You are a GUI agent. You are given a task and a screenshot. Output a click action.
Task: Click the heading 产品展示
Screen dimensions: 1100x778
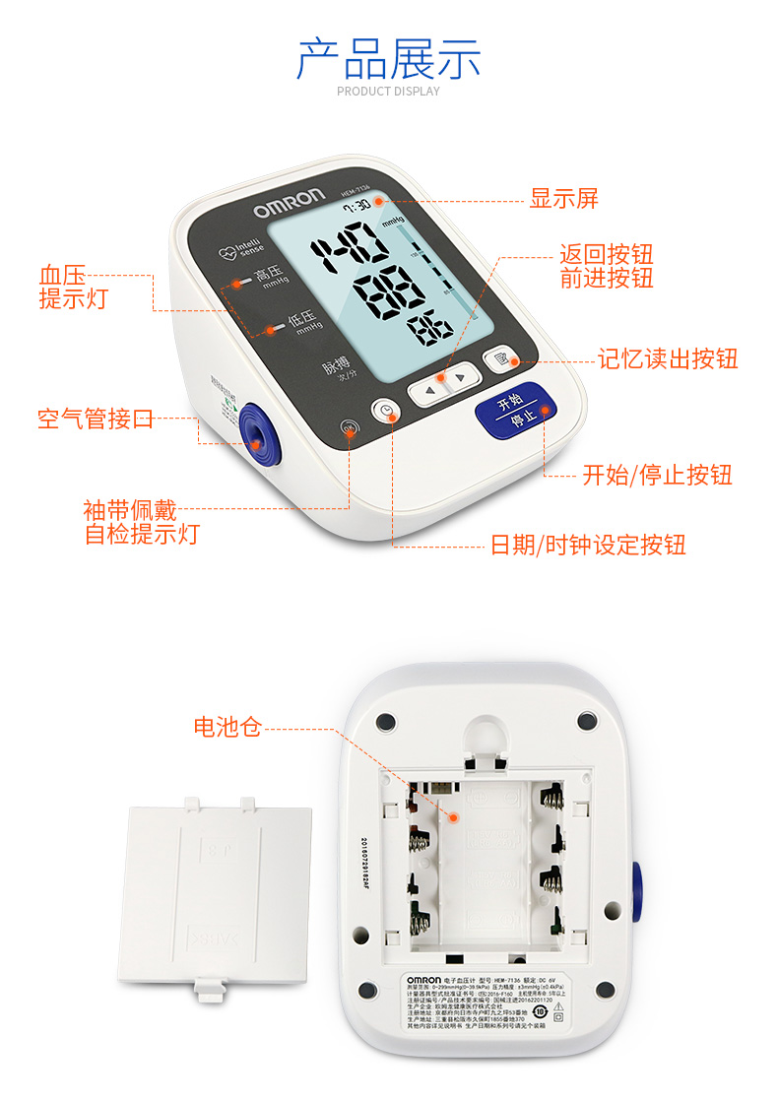[388, 59]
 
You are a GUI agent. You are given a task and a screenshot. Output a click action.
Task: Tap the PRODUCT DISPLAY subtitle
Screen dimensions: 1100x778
[388, 92]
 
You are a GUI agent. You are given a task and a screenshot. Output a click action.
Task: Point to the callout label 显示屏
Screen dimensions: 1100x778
[564, 199]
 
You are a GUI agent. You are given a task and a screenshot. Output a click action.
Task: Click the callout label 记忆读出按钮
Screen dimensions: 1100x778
[668, 358]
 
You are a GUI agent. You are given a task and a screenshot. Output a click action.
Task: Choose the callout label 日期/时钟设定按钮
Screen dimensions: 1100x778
[588, 545]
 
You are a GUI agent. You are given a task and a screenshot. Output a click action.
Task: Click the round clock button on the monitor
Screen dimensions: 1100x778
[386, 412]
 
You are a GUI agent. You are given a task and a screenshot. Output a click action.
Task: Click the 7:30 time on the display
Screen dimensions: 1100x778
[356, 206]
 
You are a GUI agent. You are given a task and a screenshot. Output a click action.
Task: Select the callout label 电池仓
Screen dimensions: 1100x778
[227, 728]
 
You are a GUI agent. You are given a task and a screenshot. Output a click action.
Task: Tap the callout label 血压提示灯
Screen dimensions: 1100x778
[74, 287]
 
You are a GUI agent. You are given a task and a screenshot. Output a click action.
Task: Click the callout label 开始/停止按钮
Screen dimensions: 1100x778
[657, 476]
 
